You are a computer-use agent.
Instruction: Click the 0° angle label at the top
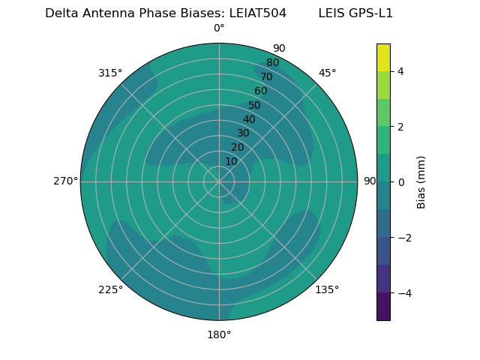(219, 28)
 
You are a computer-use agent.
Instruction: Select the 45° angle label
(327, 73)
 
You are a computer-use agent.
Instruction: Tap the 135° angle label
(327, 289)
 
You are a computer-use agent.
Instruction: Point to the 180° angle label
(219, 334)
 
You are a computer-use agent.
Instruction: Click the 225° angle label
(110, 289)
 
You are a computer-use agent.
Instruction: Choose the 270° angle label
(65, 181)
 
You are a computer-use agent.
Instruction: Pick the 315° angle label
(110, 73)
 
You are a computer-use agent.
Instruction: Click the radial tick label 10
(231, 161)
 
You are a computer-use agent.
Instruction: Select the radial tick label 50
(255, 106)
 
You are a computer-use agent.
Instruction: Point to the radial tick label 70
(266, 77)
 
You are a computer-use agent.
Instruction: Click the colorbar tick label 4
(400, 71)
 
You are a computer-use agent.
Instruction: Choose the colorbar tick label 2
(400, 127)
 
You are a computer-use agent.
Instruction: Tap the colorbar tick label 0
(400, 182)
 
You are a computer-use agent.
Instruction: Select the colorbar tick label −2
(398, 238)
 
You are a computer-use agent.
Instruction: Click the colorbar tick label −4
(398, 293)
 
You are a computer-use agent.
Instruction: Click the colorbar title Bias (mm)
(421, 182)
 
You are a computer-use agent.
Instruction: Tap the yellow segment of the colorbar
(383, 57)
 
